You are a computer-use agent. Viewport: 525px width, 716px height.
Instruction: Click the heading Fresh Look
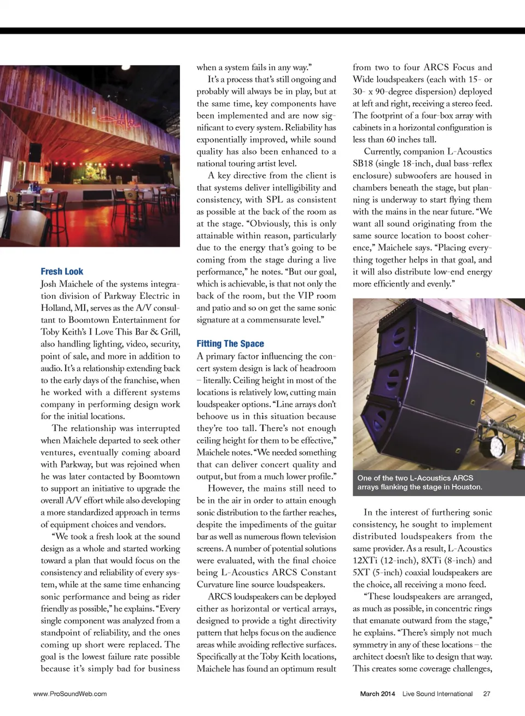62,272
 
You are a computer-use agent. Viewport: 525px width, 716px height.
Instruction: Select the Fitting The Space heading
230,344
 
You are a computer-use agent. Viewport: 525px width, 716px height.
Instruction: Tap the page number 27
486,694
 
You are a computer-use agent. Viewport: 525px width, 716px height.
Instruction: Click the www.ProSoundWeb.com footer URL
70,694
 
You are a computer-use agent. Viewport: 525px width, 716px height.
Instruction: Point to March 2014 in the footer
377,694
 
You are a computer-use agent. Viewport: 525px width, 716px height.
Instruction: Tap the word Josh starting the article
49,284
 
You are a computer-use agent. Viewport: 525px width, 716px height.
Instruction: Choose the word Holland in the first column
56,308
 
